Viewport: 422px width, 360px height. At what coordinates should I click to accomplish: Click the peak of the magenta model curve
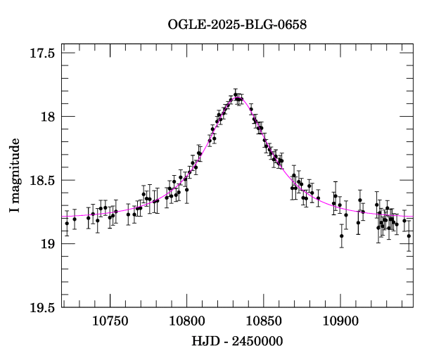[x=237, y=98]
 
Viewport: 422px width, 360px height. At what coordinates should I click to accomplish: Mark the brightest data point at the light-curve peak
[x=236, y=94]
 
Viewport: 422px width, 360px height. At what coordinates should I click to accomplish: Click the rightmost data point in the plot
[x=409, y=236]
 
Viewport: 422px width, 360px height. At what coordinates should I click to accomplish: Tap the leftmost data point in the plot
[x=67, y=223]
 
